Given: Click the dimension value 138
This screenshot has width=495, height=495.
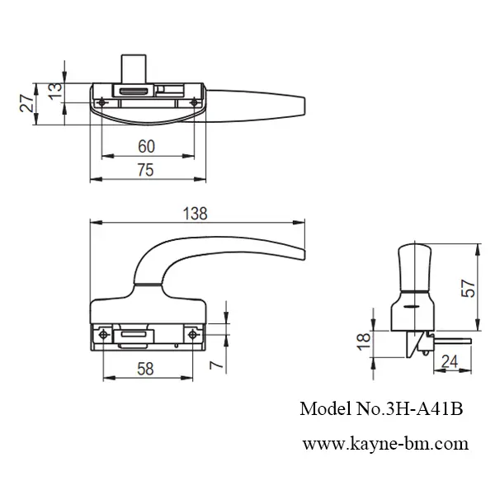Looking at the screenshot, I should click(x=196, y=212).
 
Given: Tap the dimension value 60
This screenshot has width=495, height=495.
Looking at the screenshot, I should click(x=145, y=147).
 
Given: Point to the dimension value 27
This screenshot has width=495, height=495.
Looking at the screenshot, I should click(x=26, y=103).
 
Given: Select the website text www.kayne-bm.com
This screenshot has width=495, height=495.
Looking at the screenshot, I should click(x=385, y=442).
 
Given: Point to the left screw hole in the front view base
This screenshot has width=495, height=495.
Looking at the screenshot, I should click(x=103, y=334).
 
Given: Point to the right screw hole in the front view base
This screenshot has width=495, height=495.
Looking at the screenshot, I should click(x=192, y=334).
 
